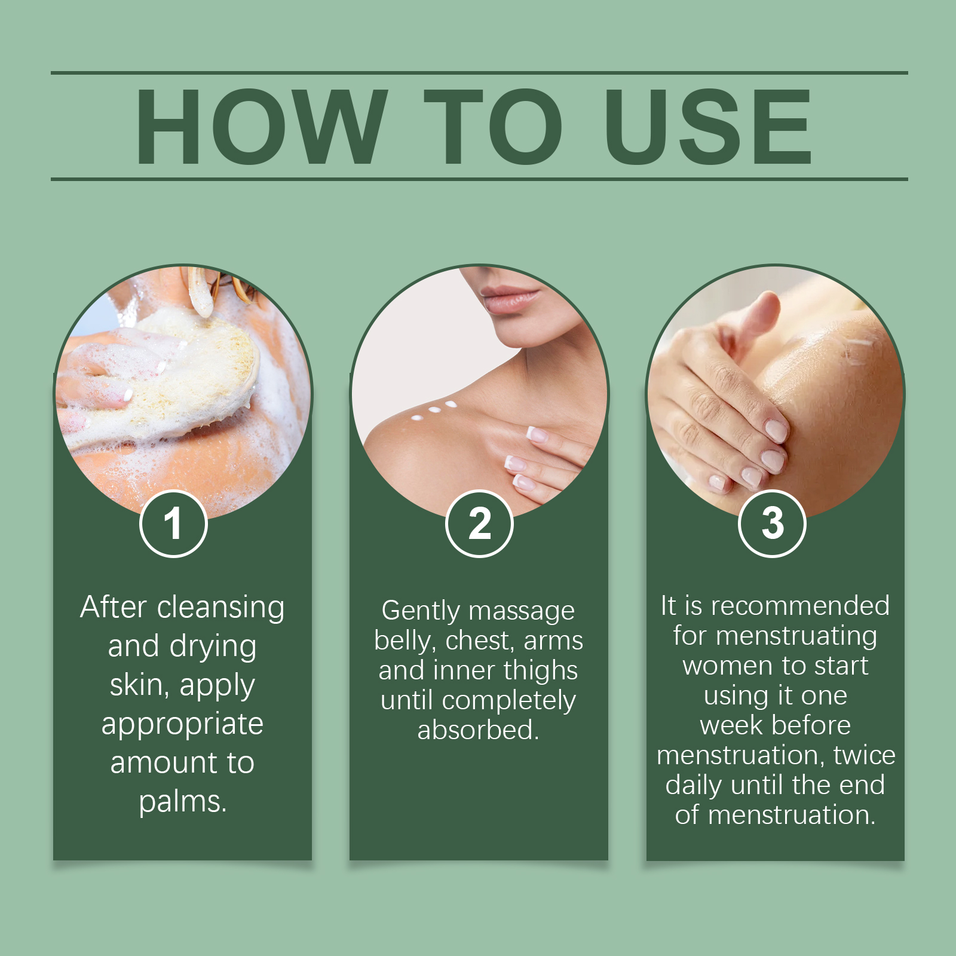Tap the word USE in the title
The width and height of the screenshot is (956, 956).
click(708, 127)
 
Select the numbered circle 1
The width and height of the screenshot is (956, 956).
click(173, 524)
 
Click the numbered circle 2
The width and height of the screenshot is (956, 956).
click(479, 524)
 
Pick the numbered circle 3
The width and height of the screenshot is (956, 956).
click(773, 524)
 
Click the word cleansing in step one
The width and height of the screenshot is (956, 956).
click(220, 608)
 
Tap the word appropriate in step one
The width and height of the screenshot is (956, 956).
click(182, 724)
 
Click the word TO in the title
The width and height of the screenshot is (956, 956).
click(493, 127)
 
